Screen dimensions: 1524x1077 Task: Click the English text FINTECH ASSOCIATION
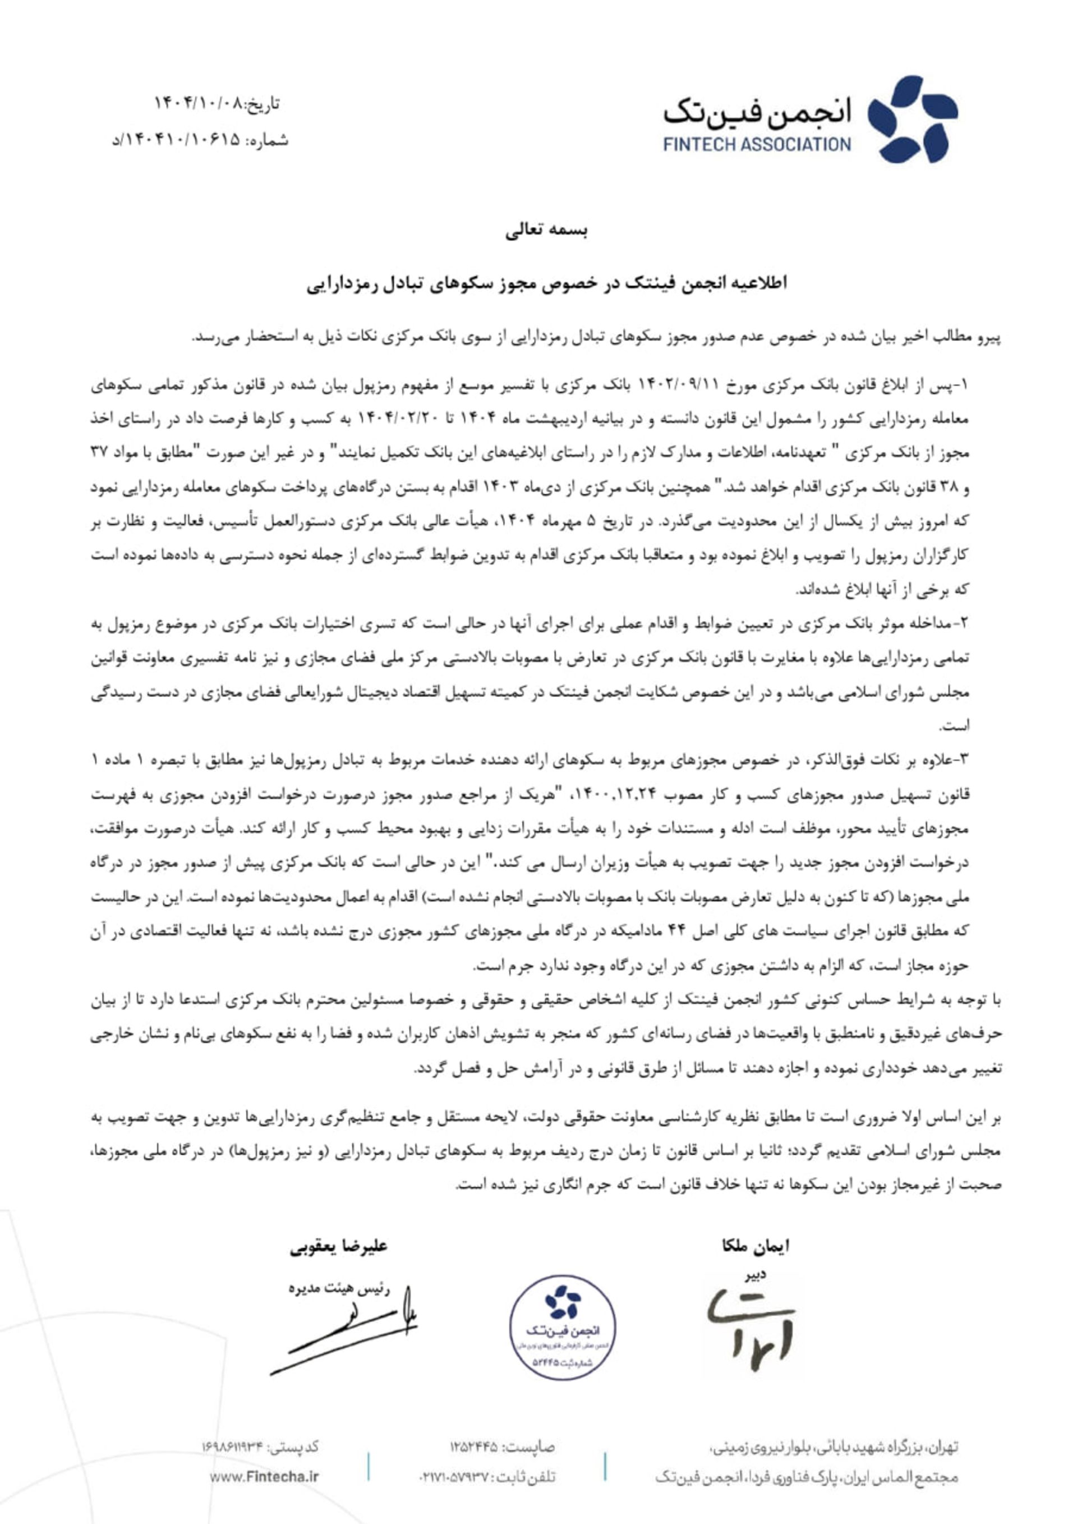pyautogui.click(x=757, y=144)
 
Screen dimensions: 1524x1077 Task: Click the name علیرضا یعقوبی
pyautogui.click(x=338, y=1246)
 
